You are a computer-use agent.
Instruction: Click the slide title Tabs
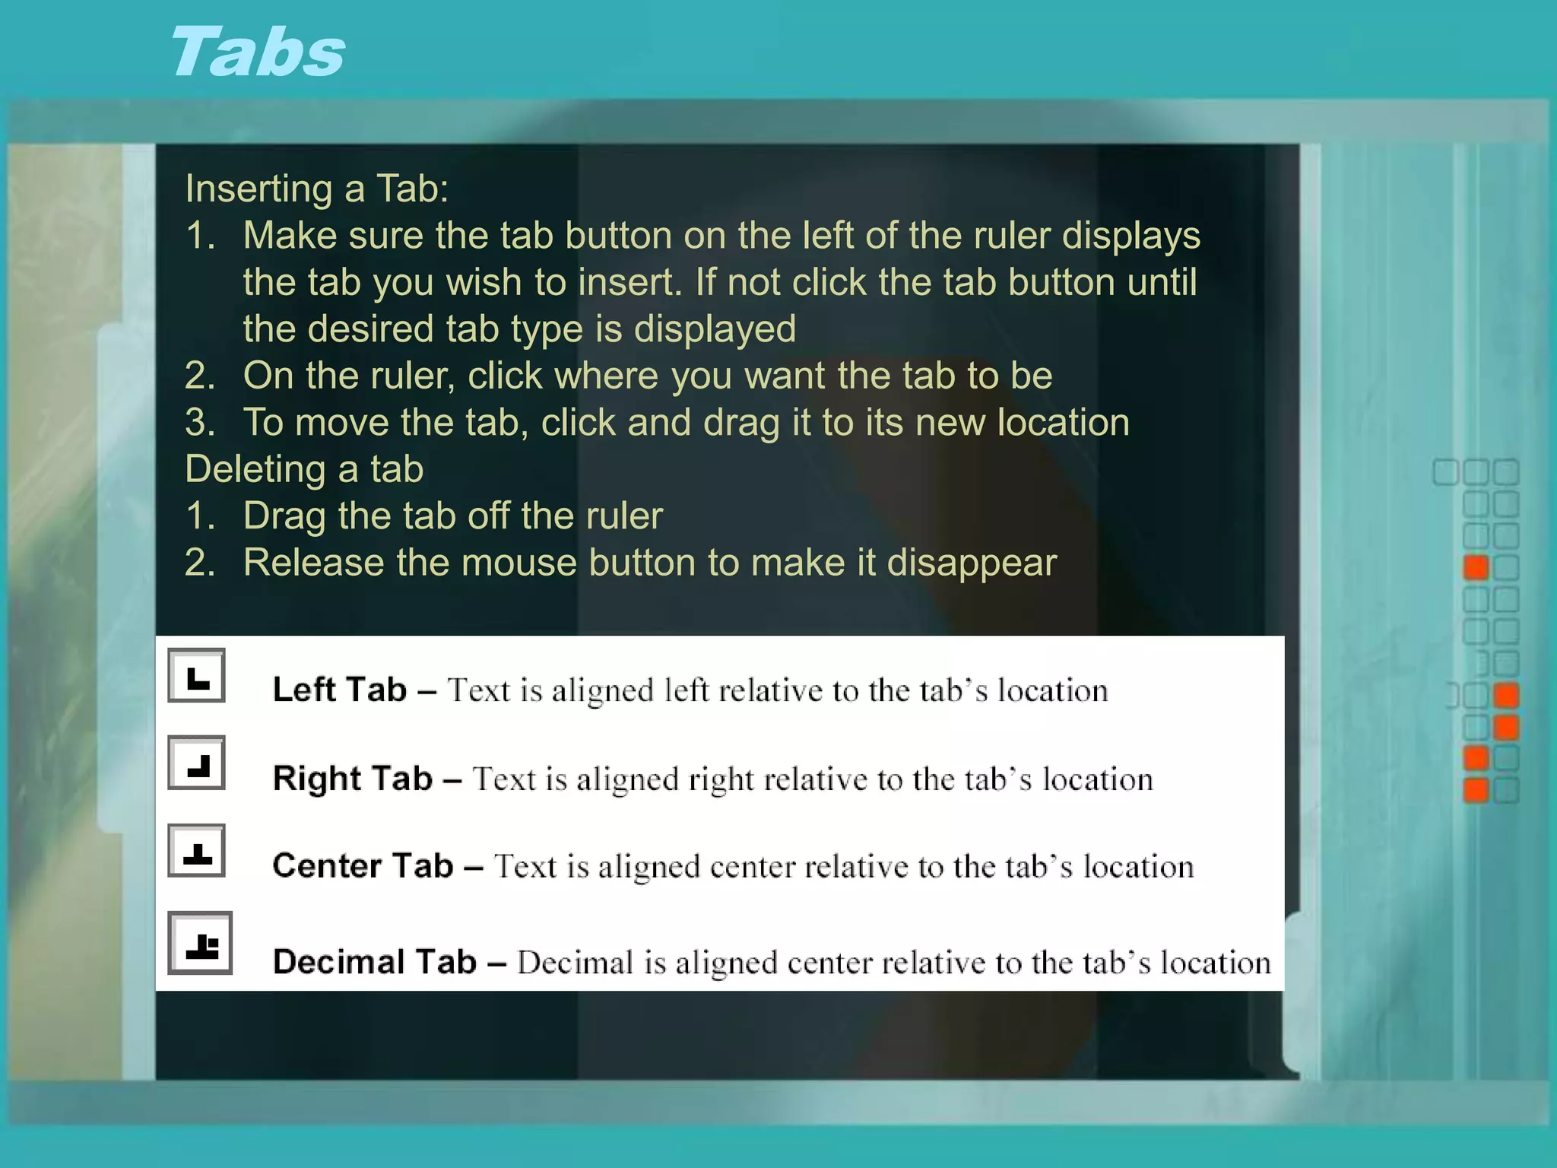[x=257, y=52]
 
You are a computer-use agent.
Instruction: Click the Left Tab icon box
[x=196, y=675]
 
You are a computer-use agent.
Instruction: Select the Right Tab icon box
[x=196, y=763]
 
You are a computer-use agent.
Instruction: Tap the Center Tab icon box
[x=196, y=851]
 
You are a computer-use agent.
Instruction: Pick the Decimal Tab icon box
[x=200, y=943]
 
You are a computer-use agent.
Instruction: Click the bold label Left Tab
[x=339, y=690]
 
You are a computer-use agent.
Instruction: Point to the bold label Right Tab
[x=352, y=779]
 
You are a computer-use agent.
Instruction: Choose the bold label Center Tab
[x=363, y=866]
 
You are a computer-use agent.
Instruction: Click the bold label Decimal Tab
[x=374, y=962]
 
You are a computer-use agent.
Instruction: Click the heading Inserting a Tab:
[x=316, y=189]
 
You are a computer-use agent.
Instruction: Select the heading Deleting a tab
[x=304, y=469]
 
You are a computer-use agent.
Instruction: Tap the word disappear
[x=972, y=563]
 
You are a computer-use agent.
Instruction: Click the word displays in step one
[x=1130, y=236]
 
